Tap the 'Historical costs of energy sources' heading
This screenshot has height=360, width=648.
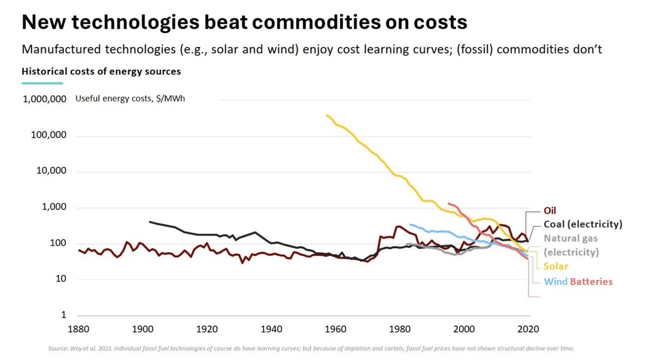[101, 71]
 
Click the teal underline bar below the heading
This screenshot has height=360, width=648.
[42, 83]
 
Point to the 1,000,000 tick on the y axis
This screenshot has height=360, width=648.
[45, 99]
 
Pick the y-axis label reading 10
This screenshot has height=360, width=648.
[61, 279]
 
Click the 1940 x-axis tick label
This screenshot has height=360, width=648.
[271, 328]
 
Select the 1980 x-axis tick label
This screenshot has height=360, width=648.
[400, 328]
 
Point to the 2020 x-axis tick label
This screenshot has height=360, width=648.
[528, 328]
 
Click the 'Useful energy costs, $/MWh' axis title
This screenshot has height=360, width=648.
[130, 99]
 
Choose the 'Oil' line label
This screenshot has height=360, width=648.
[550, 210]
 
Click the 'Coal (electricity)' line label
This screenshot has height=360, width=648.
[583, 224]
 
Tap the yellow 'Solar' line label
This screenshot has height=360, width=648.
[556, 266]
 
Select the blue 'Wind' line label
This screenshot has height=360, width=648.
[555, 281]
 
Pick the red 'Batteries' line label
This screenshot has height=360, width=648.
[591, 281]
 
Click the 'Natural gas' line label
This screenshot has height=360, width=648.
[570, 238]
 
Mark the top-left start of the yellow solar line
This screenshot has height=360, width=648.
[327, 115]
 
